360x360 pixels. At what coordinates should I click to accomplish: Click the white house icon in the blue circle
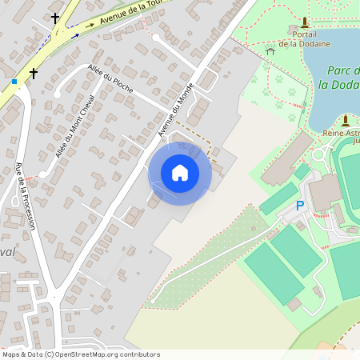(179, 173)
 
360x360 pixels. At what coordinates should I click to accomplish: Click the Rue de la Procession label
(25, 196)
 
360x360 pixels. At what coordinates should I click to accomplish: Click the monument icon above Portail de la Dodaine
(304, 22)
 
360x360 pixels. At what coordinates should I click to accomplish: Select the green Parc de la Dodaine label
(339, 78)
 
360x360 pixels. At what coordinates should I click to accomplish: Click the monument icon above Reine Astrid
(346, 120)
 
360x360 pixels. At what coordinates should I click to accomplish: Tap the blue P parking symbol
(300, 206)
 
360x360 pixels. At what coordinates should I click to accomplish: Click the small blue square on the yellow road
(14, 82)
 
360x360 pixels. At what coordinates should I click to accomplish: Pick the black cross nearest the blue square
(34, 74)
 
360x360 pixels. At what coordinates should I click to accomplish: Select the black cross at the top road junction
(55, 17)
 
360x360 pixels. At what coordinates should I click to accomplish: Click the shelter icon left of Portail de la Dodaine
(270, 50)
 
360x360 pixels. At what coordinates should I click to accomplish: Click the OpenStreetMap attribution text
(81, 354)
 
